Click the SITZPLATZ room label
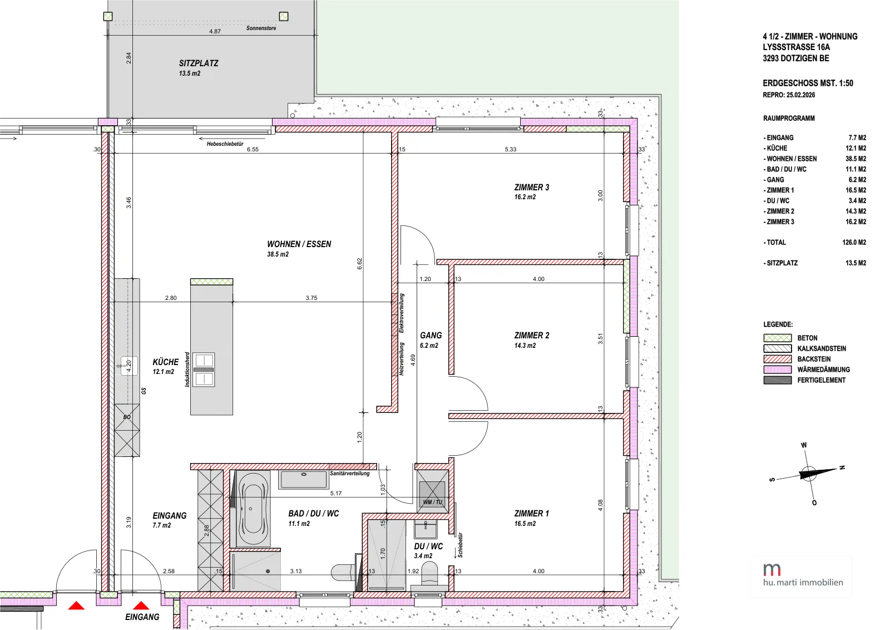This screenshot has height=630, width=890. coord(198,63)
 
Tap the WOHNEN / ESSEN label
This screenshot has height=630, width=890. coord(299,244)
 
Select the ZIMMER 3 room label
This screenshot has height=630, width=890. coord(532,187)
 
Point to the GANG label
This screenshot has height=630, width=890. coord(431,336)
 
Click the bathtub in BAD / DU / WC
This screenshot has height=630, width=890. coord(253,508)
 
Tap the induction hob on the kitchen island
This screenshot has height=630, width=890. coord(204,370)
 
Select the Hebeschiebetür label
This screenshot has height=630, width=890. coord(225,144)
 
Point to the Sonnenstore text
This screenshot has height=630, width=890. coord(261,28)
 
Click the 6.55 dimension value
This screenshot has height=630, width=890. coord(253,150)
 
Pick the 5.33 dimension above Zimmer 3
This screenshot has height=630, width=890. coord(511,150)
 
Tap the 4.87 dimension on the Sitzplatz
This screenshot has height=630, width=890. coord(215,31)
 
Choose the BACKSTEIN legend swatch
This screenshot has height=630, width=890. coord(778,359)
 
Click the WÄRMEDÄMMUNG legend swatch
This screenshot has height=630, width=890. coord(778,370)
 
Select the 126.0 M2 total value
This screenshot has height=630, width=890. coord(854,243)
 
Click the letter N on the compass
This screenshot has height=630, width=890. coord(842,467)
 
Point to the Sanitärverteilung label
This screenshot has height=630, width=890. coord(350,474)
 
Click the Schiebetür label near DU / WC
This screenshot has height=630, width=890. coord(460,545)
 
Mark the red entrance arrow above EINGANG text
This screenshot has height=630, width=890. coord(141,606)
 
